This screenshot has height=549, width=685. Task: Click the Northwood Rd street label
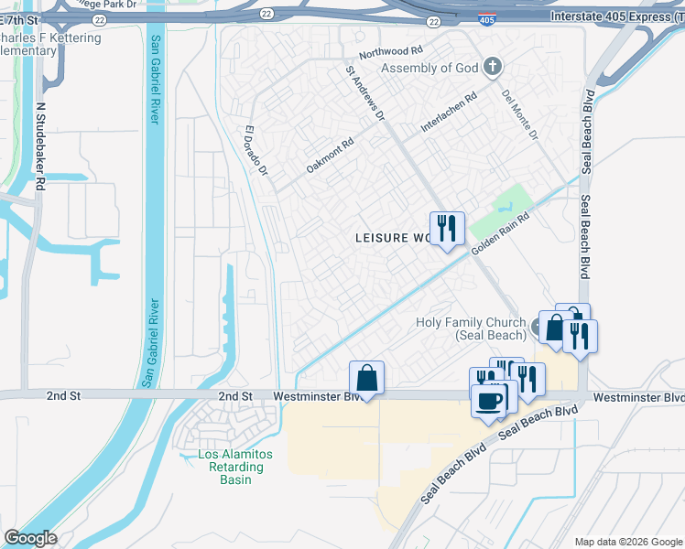tap(390, 53)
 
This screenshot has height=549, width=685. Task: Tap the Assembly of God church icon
tap(493, 66)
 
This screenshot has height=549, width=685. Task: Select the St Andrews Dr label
tap(365, 93)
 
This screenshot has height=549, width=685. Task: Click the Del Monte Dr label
tap(519, 114)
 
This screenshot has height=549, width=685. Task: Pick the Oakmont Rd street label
tap(330, 156)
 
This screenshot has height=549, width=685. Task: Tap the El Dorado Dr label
tap(256, 151)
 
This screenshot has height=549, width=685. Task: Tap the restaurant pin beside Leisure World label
tap(447, 229)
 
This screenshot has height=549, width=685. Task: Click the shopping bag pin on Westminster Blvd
tap(366, 378)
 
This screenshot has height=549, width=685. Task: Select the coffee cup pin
tap(488, 400)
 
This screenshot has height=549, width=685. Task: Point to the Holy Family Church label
tap(471, 328)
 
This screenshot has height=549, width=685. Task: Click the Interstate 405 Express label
tap(614, 17)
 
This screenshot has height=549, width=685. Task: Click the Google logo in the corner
tap(30, 538)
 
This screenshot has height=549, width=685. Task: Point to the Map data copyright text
tap(628, 542)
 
